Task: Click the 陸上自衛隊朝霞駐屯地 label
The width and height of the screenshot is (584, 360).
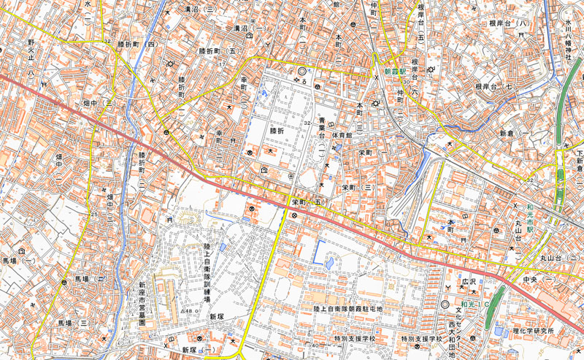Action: click(348, 310)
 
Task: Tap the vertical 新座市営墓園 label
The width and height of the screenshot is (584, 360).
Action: click(143, 304)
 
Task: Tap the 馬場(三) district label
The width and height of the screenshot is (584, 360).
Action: click(74, 322)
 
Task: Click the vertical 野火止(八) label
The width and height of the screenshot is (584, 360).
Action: click(31, 58)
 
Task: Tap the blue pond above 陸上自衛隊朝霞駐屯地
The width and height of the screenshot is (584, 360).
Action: click(328, 261)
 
